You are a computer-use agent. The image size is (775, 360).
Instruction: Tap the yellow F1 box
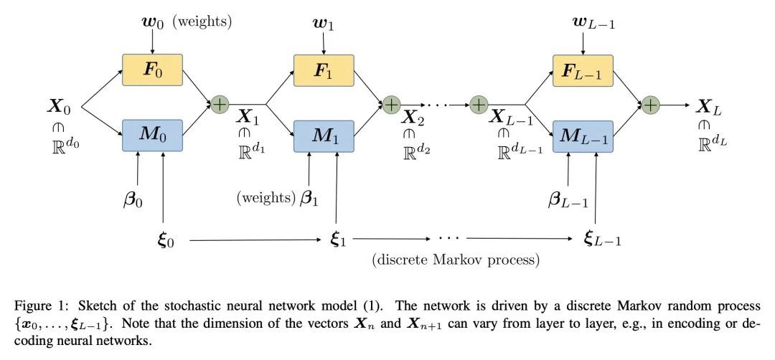(324, 72)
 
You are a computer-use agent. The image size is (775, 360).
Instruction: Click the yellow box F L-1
(582, 72)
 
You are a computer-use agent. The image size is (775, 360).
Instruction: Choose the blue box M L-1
(582, 136)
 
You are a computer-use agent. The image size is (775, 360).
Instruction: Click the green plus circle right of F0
(219, 104)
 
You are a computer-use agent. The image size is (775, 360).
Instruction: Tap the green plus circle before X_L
(650, 104)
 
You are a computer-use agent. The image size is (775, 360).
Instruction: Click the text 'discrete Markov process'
(456, 258)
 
